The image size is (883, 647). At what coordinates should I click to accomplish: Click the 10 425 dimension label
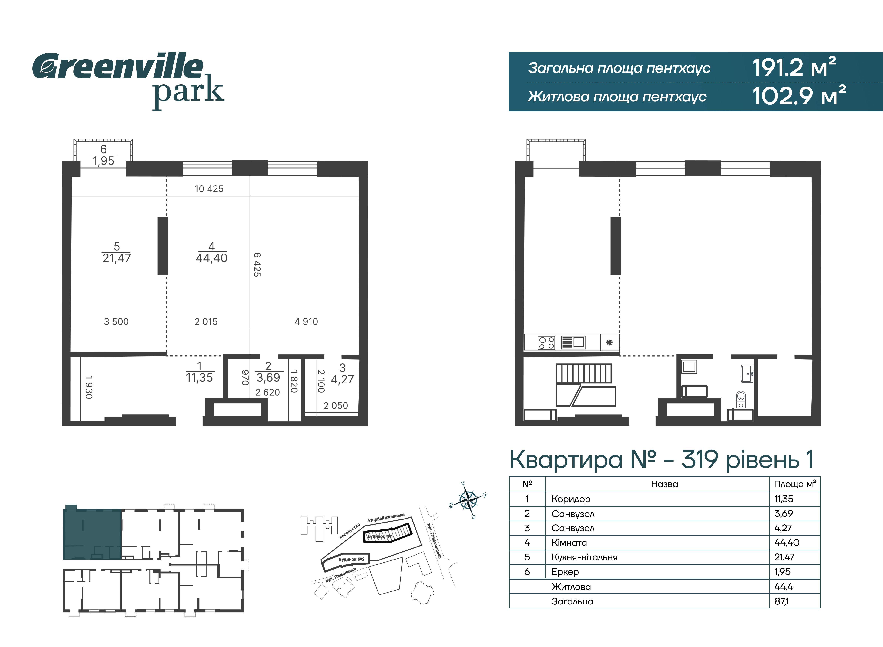[x=209, y=189]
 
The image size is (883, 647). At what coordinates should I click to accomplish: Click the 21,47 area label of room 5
[x=117, y=258]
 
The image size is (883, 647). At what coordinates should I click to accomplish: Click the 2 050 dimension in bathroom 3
[x=336, y=406]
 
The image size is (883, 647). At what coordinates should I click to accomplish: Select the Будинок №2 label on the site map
[x=351, y=559]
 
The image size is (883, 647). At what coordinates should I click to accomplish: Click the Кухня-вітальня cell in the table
[x=585, y=557]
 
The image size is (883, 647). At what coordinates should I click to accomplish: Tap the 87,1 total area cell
[x=782, y=601]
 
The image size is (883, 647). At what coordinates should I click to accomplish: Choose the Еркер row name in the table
[x=565, y=572]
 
